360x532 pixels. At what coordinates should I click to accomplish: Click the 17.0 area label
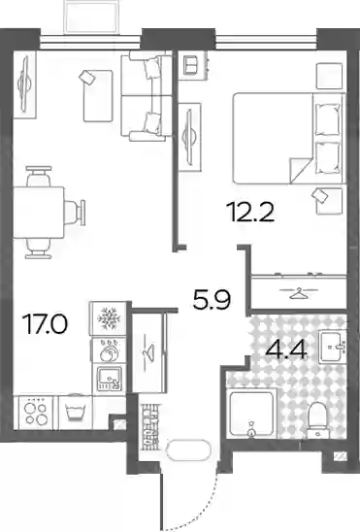pos(45,323)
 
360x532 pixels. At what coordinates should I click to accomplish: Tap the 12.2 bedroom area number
pos(252,212)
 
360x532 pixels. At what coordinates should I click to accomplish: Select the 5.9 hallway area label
pos(212,300)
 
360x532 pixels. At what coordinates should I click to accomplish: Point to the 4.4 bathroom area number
pos(286,349)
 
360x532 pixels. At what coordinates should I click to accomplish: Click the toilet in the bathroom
pos(317,419)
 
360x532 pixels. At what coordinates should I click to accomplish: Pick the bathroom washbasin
pos(332,346)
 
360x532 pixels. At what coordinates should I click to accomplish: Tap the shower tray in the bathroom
pos(251,414)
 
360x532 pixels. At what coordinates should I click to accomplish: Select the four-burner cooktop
pos(34,413)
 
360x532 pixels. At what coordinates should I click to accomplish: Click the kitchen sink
pos(109,379)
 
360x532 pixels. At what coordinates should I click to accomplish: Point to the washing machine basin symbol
pos(76,413)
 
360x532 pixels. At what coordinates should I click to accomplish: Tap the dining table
pos(39,213)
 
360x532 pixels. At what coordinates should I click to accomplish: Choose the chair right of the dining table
pos(75,213)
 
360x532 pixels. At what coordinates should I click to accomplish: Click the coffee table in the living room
pos(98,96)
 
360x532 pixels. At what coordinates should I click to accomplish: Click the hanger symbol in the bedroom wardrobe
pos(299,293)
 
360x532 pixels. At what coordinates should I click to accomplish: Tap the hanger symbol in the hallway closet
pos(148,352)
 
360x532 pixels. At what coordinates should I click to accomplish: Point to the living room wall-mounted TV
pos(25,84)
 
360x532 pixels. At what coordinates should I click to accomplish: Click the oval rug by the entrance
pos(188,449)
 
